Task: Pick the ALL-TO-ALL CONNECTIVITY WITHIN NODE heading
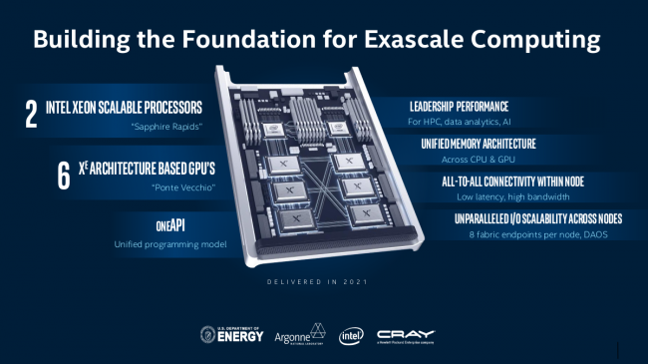point(497,181)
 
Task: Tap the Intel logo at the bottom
point(351,334)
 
